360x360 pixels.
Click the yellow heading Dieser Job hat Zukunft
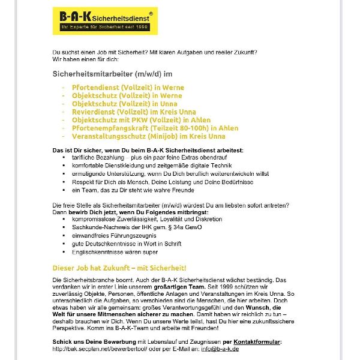[119, 267]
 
